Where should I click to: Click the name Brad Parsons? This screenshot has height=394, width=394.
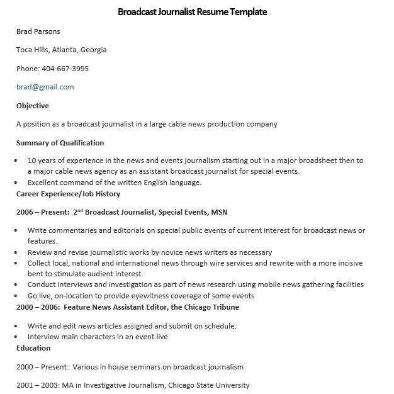38,31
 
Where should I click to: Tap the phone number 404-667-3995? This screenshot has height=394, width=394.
65,69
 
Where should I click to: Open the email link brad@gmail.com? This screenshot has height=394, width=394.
45,87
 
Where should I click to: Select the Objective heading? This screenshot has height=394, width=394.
33,106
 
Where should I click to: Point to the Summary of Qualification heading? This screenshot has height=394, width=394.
60,143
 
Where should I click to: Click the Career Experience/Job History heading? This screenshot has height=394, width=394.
68,194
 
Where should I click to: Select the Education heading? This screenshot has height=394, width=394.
33,348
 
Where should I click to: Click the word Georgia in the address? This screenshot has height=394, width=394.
93,50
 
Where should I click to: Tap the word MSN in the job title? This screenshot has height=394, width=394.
219,212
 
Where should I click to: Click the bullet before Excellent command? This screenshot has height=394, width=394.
15,183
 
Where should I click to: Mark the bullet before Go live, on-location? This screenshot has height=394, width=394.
15,296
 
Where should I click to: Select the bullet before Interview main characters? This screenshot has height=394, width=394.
15,337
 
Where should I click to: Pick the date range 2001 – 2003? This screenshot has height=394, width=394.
37,385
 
